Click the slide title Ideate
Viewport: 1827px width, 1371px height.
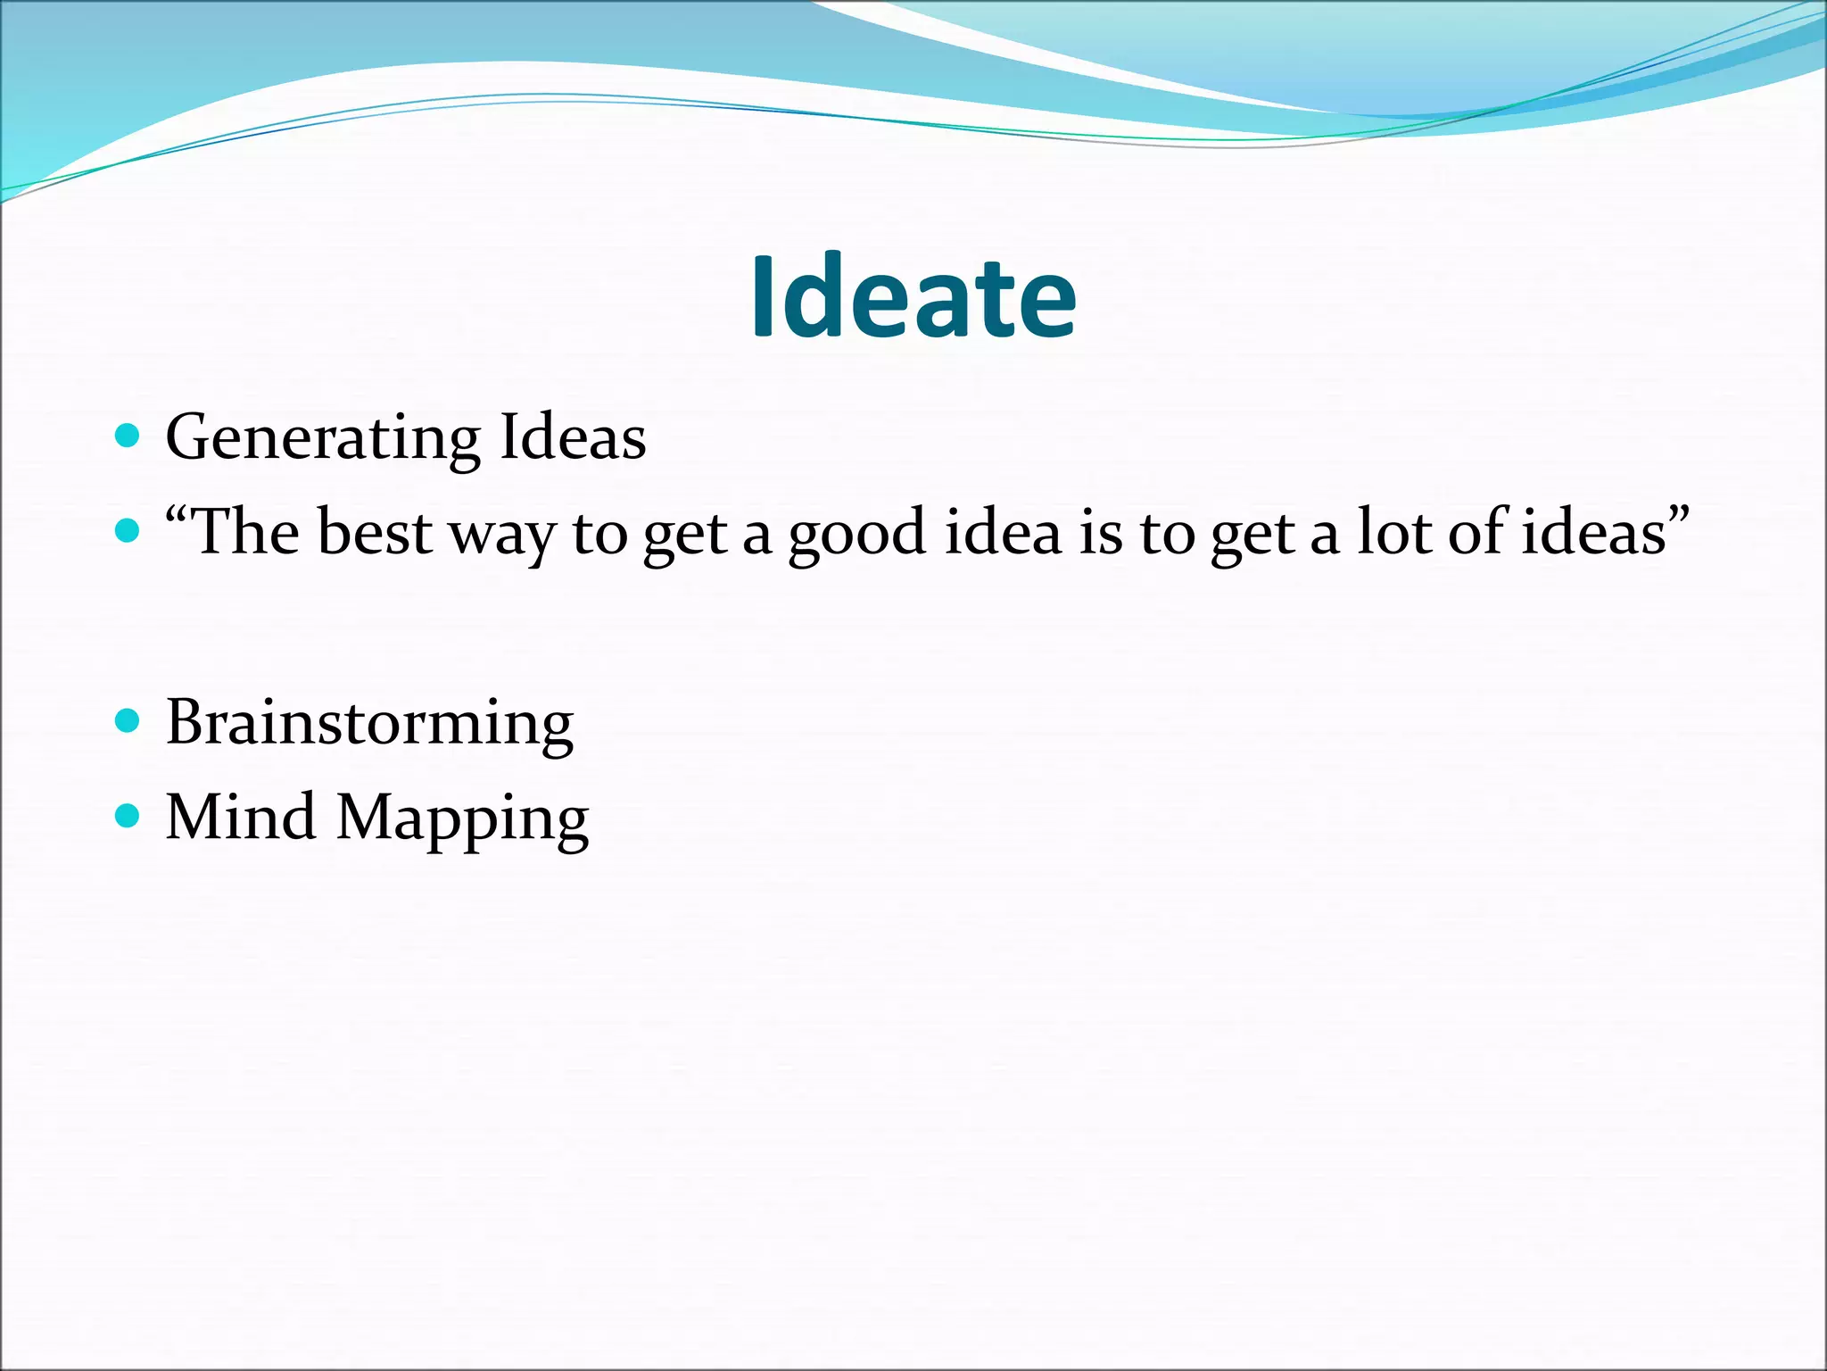point(913,297)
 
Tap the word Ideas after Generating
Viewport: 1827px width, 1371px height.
point(573,437)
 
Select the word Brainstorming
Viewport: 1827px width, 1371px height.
point(369,723)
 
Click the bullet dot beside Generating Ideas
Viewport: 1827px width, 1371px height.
point(128,436)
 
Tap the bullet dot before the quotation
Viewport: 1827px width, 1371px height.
point(128,531)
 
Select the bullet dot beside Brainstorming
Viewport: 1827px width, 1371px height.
point(128,720)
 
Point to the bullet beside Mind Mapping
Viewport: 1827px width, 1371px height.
point(128,816)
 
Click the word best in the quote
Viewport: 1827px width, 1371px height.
point(374,533)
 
